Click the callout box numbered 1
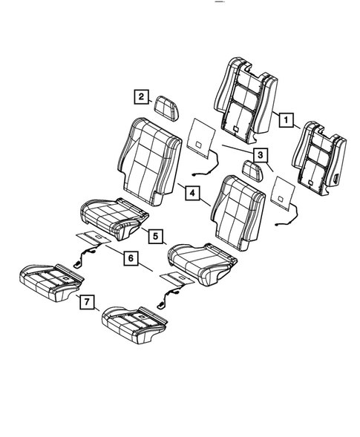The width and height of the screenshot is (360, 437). coord(285,118)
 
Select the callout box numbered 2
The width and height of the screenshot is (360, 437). coord(139,96)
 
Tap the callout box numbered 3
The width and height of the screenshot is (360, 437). coord(260,155)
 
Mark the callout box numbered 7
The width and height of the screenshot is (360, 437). coord(86,302)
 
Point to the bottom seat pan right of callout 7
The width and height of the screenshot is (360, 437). coord(134,323)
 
